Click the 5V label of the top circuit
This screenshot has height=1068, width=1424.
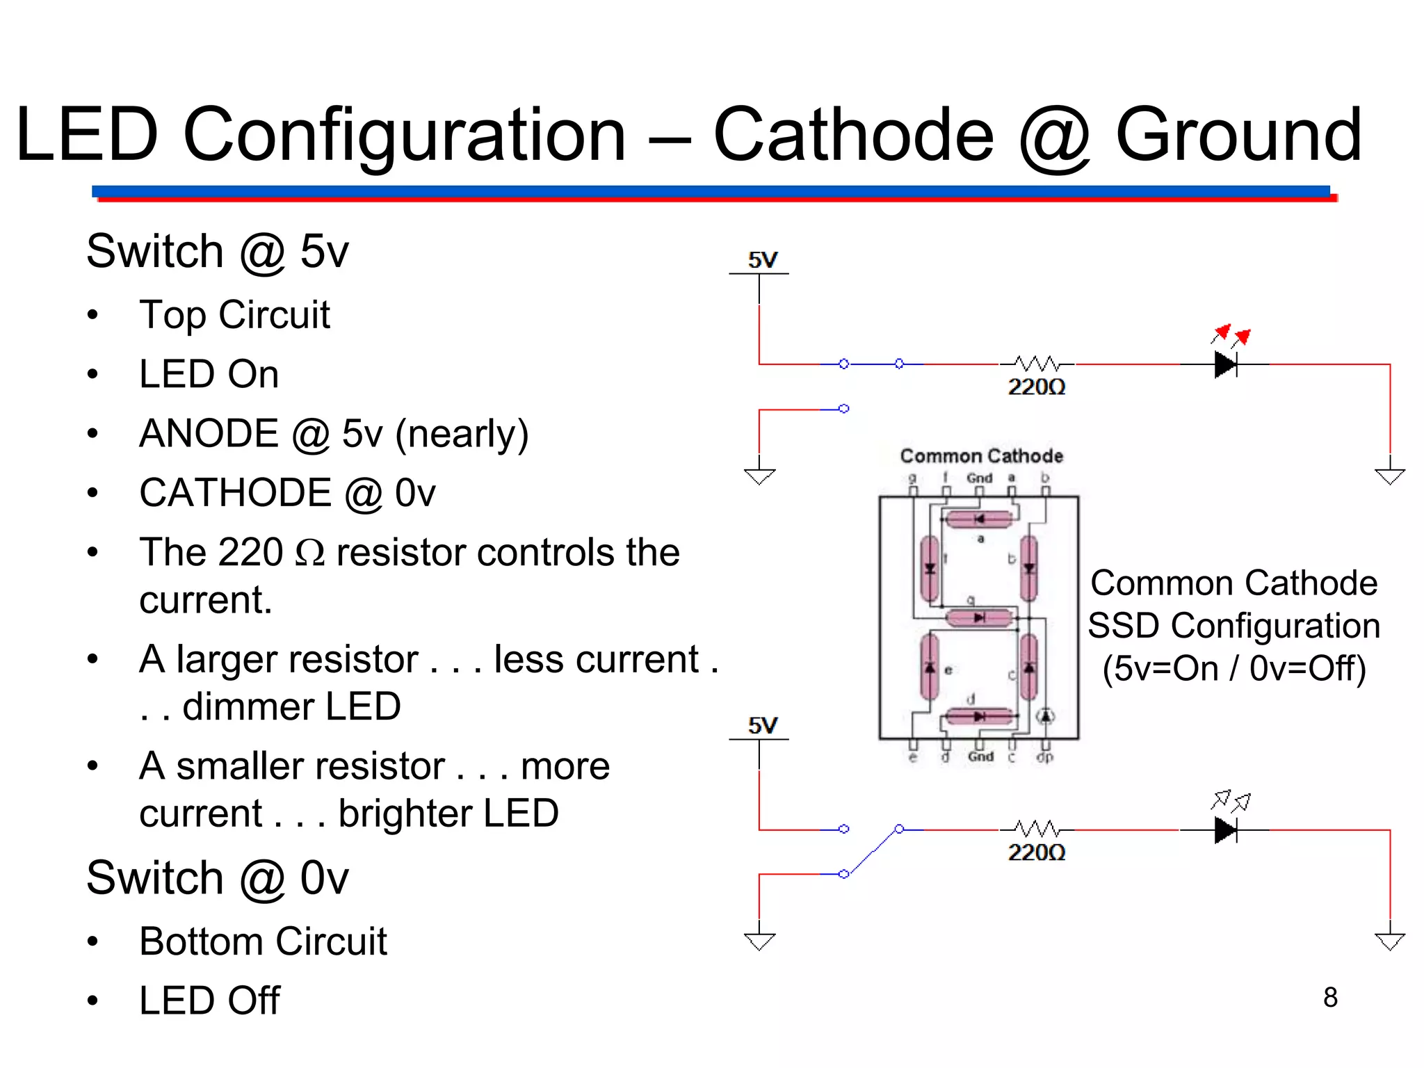coord(762,260)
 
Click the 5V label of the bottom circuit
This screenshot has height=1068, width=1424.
coord(762,726)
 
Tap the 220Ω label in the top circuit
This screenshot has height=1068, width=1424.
coord(1036,387)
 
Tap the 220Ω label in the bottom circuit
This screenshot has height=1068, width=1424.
coord(1036,852)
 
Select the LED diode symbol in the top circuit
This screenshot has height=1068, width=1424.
coord(1226,364)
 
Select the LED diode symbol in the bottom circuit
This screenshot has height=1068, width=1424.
coord(1226,830)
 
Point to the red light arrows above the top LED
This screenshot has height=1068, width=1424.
coord(1231,335)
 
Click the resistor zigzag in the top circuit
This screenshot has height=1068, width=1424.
coord(1036,363)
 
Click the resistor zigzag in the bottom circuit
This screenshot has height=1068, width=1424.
coord(1036,829)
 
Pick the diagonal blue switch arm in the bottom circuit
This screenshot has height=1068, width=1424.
coord(872,851)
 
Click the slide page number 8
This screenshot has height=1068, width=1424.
coord(1330,998)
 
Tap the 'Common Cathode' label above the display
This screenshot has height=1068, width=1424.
coord(981,456)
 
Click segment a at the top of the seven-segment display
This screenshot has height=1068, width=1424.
coord(979,519)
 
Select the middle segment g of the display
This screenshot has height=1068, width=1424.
coord(979,617)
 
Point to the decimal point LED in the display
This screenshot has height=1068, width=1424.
coord(1046,716)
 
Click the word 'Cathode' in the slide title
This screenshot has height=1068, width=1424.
coord(853,135)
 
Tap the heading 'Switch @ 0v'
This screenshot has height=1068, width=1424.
coord(217,878)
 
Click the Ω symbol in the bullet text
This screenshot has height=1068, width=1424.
coord(310,553)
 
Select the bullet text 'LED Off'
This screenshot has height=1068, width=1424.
coord(209,1001)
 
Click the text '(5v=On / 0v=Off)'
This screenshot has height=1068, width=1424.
coord(1234,668)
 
